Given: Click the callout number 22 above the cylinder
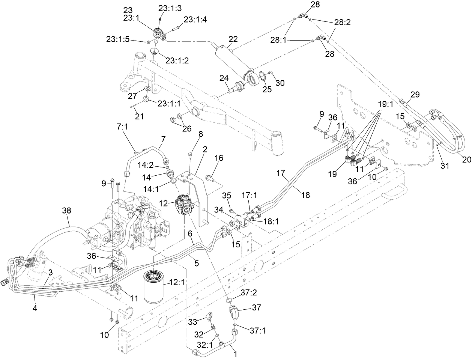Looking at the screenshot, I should point(233,39).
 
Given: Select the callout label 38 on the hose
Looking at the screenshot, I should point(66,212).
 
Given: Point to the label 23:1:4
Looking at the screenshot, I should point(195,20).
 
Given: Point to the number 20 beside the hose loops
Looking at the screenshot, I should point(466,159).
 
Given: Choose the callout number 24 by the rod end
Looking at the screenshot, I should point(224,78).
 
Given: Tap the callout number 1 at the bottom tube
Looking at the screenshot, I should point(235,353).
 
